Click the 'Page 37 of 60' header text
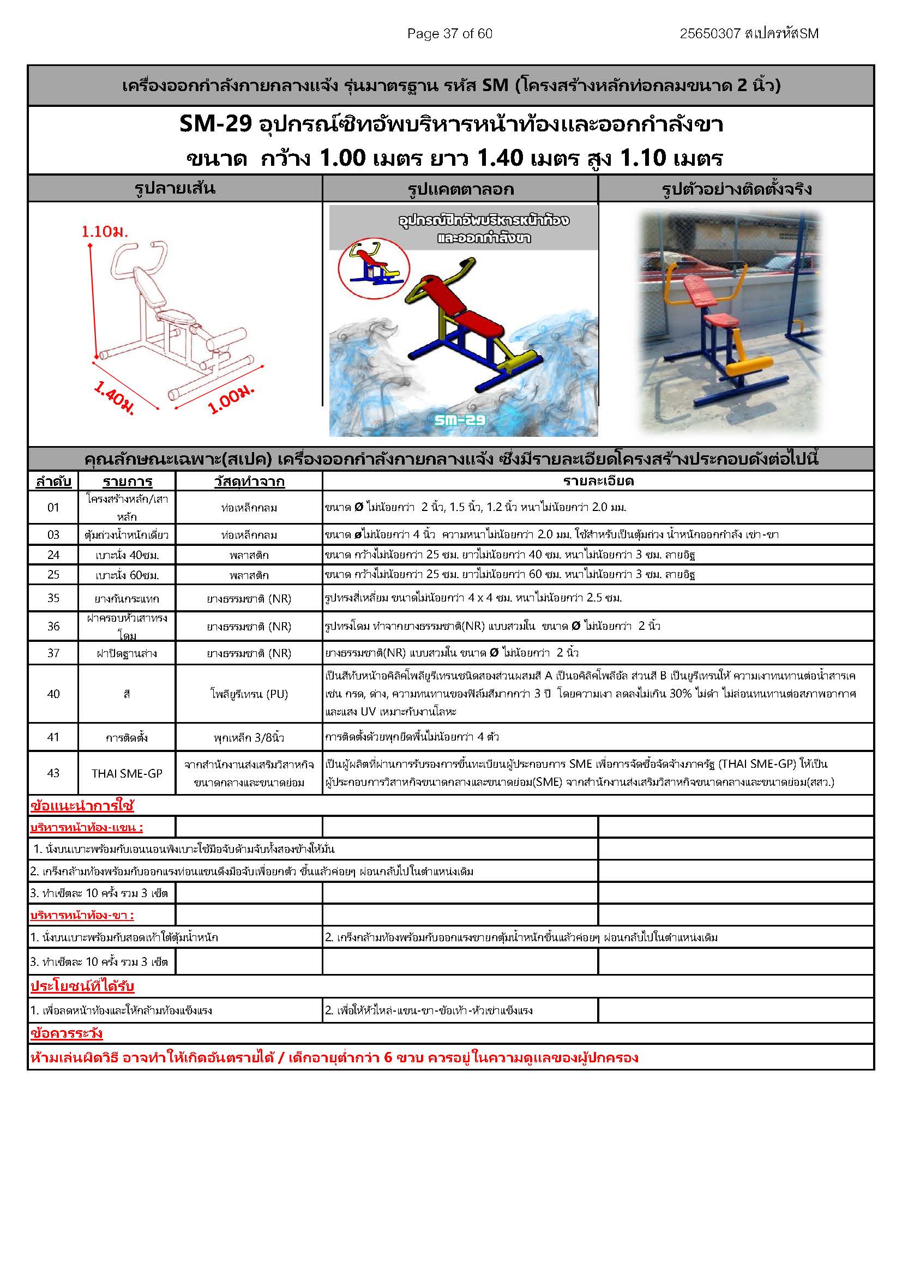point(449,34)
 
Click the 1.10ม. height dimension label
point(104,232)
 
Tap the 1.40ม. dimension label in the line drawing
point(114,397)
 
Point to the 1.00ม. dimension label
point(231,399)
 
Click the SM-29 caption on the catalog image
point(460,420)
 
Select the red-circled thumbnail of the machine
point(374,268)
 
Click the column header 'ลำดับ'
point(53,482)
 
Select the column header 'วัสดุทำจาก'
point(249,482)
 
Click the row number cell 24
point(53,555)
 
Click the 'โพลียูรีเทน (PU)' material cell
point(249,694)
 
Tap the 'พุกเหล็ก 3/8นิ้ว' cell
point(249,737)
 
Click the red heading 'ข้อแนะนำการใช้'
point(82,806)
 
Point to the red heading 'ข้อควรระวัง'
point(67,1033)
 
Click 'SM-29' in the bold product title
point(215,124)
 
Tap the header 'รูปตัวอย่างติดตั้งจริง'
point(736,189)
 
